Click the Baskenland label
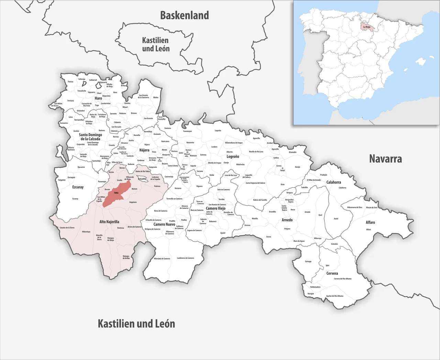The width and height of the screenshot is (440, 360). [x=185, y=15]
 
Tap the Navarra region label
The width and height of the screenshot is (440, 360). [x=385, y=159]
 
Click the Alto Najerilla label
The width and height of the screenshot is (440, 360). [x=109, y=222]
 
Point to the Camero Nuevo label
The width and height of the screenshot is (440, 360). [x=164, y=225]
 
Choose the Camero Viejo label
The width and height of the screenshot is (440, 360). [x=216, y=208]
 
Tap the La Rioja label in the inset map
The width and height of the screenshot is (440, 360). [x=366, y=26]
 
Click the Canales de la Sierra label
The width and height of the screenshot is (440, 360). [x=67, y=228]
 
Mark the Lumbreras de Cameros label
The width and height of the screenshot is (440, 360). [x=186, y=258]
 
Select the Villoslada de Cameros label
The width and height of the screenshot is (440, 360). [x=162, y=259]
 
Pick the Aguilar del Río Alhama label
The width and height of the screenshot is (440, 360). [x=334, y=296]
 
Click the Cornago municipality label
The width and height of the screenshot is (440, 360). [x=308, y=261]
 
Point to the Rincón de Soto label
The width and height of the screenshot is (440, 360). [x=372, y=207]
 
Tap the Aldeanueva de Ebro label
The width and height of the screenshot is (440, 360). [x=354, y=207]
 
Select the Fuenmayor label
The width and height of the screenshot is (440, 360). [x=188, y=131]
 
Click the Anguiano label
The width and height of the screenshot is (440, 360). [x=133, y=202]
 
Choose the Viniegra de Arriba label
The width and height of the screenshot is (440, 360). [x=126, y=257]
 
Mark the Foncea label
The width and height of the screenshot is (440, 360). [x=70, y=82]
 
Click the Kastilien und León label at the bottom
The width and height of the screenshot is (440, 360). [x=136, y=324]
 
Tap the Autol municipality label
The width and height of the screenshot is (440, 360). [x=336, y=219]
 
